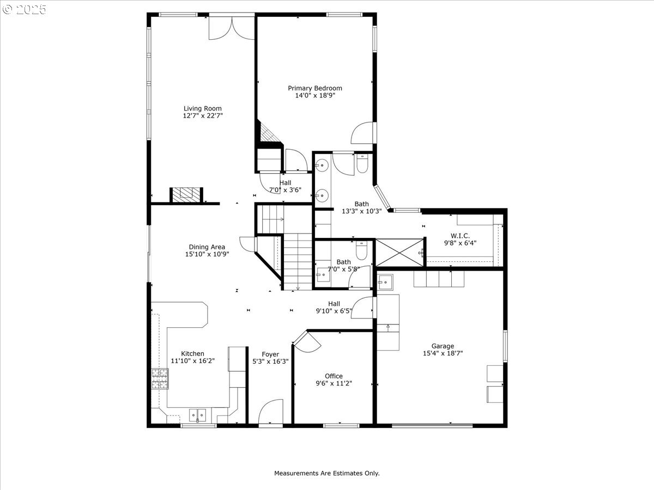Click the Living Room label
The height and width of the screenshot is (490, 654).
point(203,108)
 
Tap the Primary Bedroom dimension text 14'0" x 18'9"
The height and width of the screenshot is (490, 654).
point(315,95)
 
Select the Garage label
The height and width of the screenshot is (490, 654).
point(443,346)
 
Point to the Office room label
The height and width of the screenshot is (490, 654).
point(334,376)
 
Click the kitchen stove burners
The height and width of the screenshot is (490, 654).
point(160,379)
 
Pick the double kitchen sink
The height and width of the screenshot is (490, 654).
point(197,415)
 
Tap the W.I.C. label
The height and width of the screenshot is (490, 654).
point(460,236)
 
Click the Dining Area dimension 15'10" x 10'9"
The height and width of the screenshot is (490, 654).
point(207,254)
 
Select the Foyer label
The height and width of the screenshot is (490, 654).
point(270,354)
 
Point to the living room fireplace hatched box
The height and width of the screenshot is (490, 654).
point(186,195)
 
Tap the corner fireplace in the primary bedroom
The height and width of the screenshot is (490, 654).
point(268,133)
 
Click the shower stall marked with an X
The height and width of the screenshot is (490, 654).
point(399,253)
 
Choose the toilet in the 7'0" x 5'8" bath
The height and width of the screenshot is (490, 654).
point(361,250)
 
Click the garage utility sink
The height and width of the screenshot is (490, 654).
point(385,282)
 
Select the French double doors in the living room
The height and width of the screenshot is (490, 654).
point(232,28)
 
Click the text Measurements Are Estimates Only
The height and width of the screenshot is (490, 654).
point(327,473)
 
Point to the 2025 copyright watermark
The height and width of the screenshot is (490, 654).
point(25,9)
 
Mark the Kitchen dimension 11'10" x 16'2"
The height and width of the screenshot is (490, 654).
point(193,361)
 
